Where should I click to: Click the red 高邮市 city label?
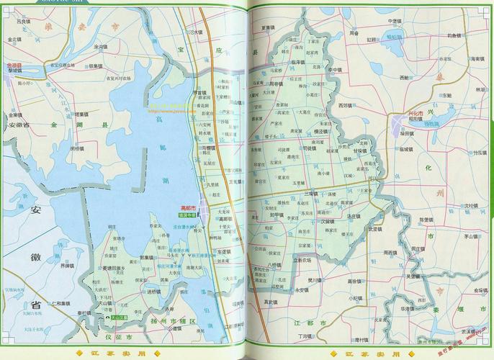pos(189,207)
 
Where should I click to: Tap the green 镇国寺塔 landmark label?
pos(188,215)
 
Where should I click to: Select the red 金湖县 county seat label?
pos(14,65)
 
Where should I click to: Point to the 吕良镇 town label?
pos(24,22)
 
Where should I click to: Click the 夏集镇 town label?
pos(269,27)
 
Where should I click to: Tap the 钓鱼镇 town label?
pos(454,35)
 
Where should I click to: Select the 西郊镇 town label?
pos(346,105)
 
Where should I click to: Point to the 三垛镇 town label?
pos(310,194)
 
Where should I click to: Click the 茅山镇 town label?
pos(471,235)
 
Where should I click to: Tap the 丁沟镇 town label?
pos(305,336)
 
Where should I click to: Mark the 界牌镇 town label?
pos(67,266)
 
